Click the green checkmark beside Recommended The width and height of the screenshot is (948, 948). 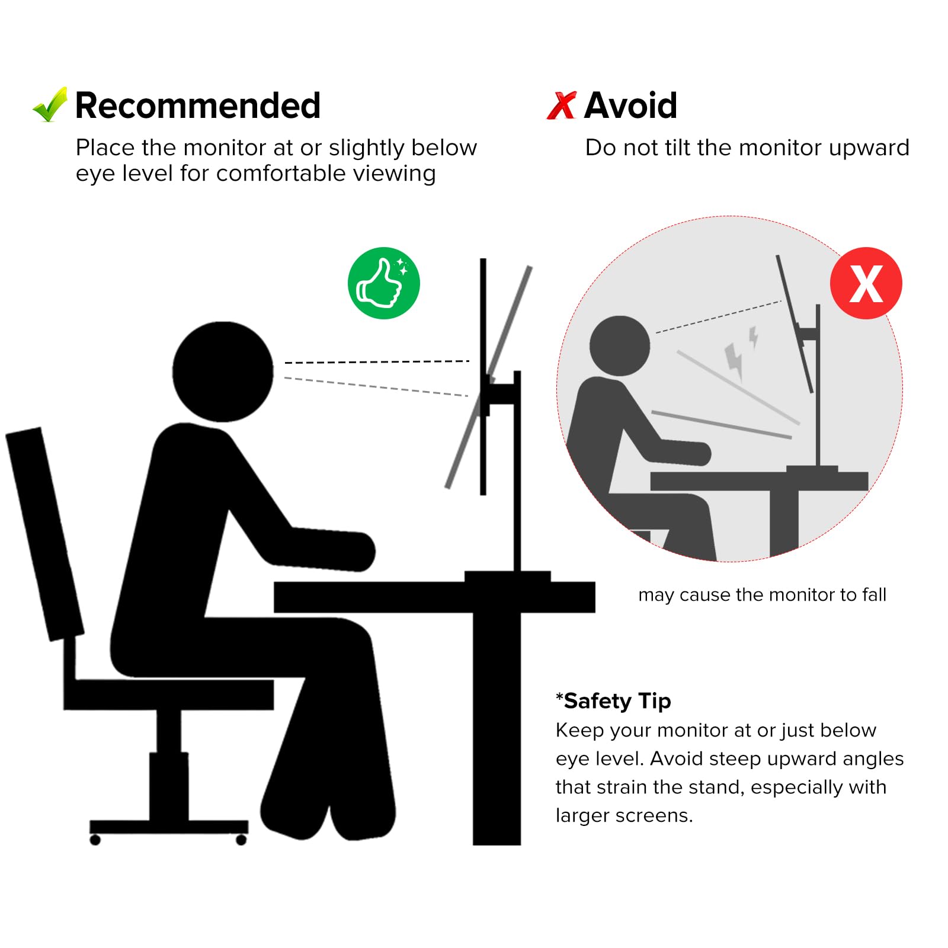pyautogui.click(x=50, y=105)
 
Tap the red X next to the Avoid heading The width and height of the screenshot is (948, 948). pyautogui.click(x=561, y=105)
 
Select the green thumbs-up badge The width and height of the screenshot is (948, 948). pyautogui.click(x=384, y=283)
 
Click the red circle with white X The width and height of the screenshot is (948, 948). pyautogui.click(x=866, y=283)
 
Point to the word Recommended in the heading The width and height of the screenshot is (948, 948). pyautogui.click(x=198, y=105)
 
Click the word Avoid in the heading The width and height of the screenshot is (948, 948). pyautogui.click(x=630, y=105)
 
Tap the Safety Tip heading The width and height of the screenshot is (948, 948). pyautogui.click(x=613, y=701)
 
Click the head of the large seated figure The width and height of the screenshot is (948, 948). pyautogui.click(x=223, y=371)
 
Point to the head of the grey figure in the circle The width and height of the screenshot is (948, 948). pyautogui.click(x=620, y=346)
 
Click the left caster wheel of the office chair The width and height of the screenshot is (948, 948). pyautogui.click(x=95, y=840)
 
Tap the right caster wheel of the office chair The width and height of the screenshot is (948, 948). pyautogui.click(x=241, y=840)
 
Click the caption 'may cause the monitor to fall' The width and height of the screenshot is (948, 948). pyautogui.click(x=762, y=594)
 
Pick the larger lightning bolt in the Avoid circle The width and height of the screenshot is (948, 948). pyautogui.click(x=735, y=360)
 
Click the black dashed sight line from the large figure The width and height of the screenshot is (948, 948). pyautogui.click(x=377, y=361)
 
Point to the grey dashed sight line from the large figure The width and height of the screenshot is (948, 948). pyautogui.click(x=376, y=386)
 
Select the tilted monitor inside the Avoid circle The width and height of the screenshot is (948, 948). pyautogui.click(x=795, y=324)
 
